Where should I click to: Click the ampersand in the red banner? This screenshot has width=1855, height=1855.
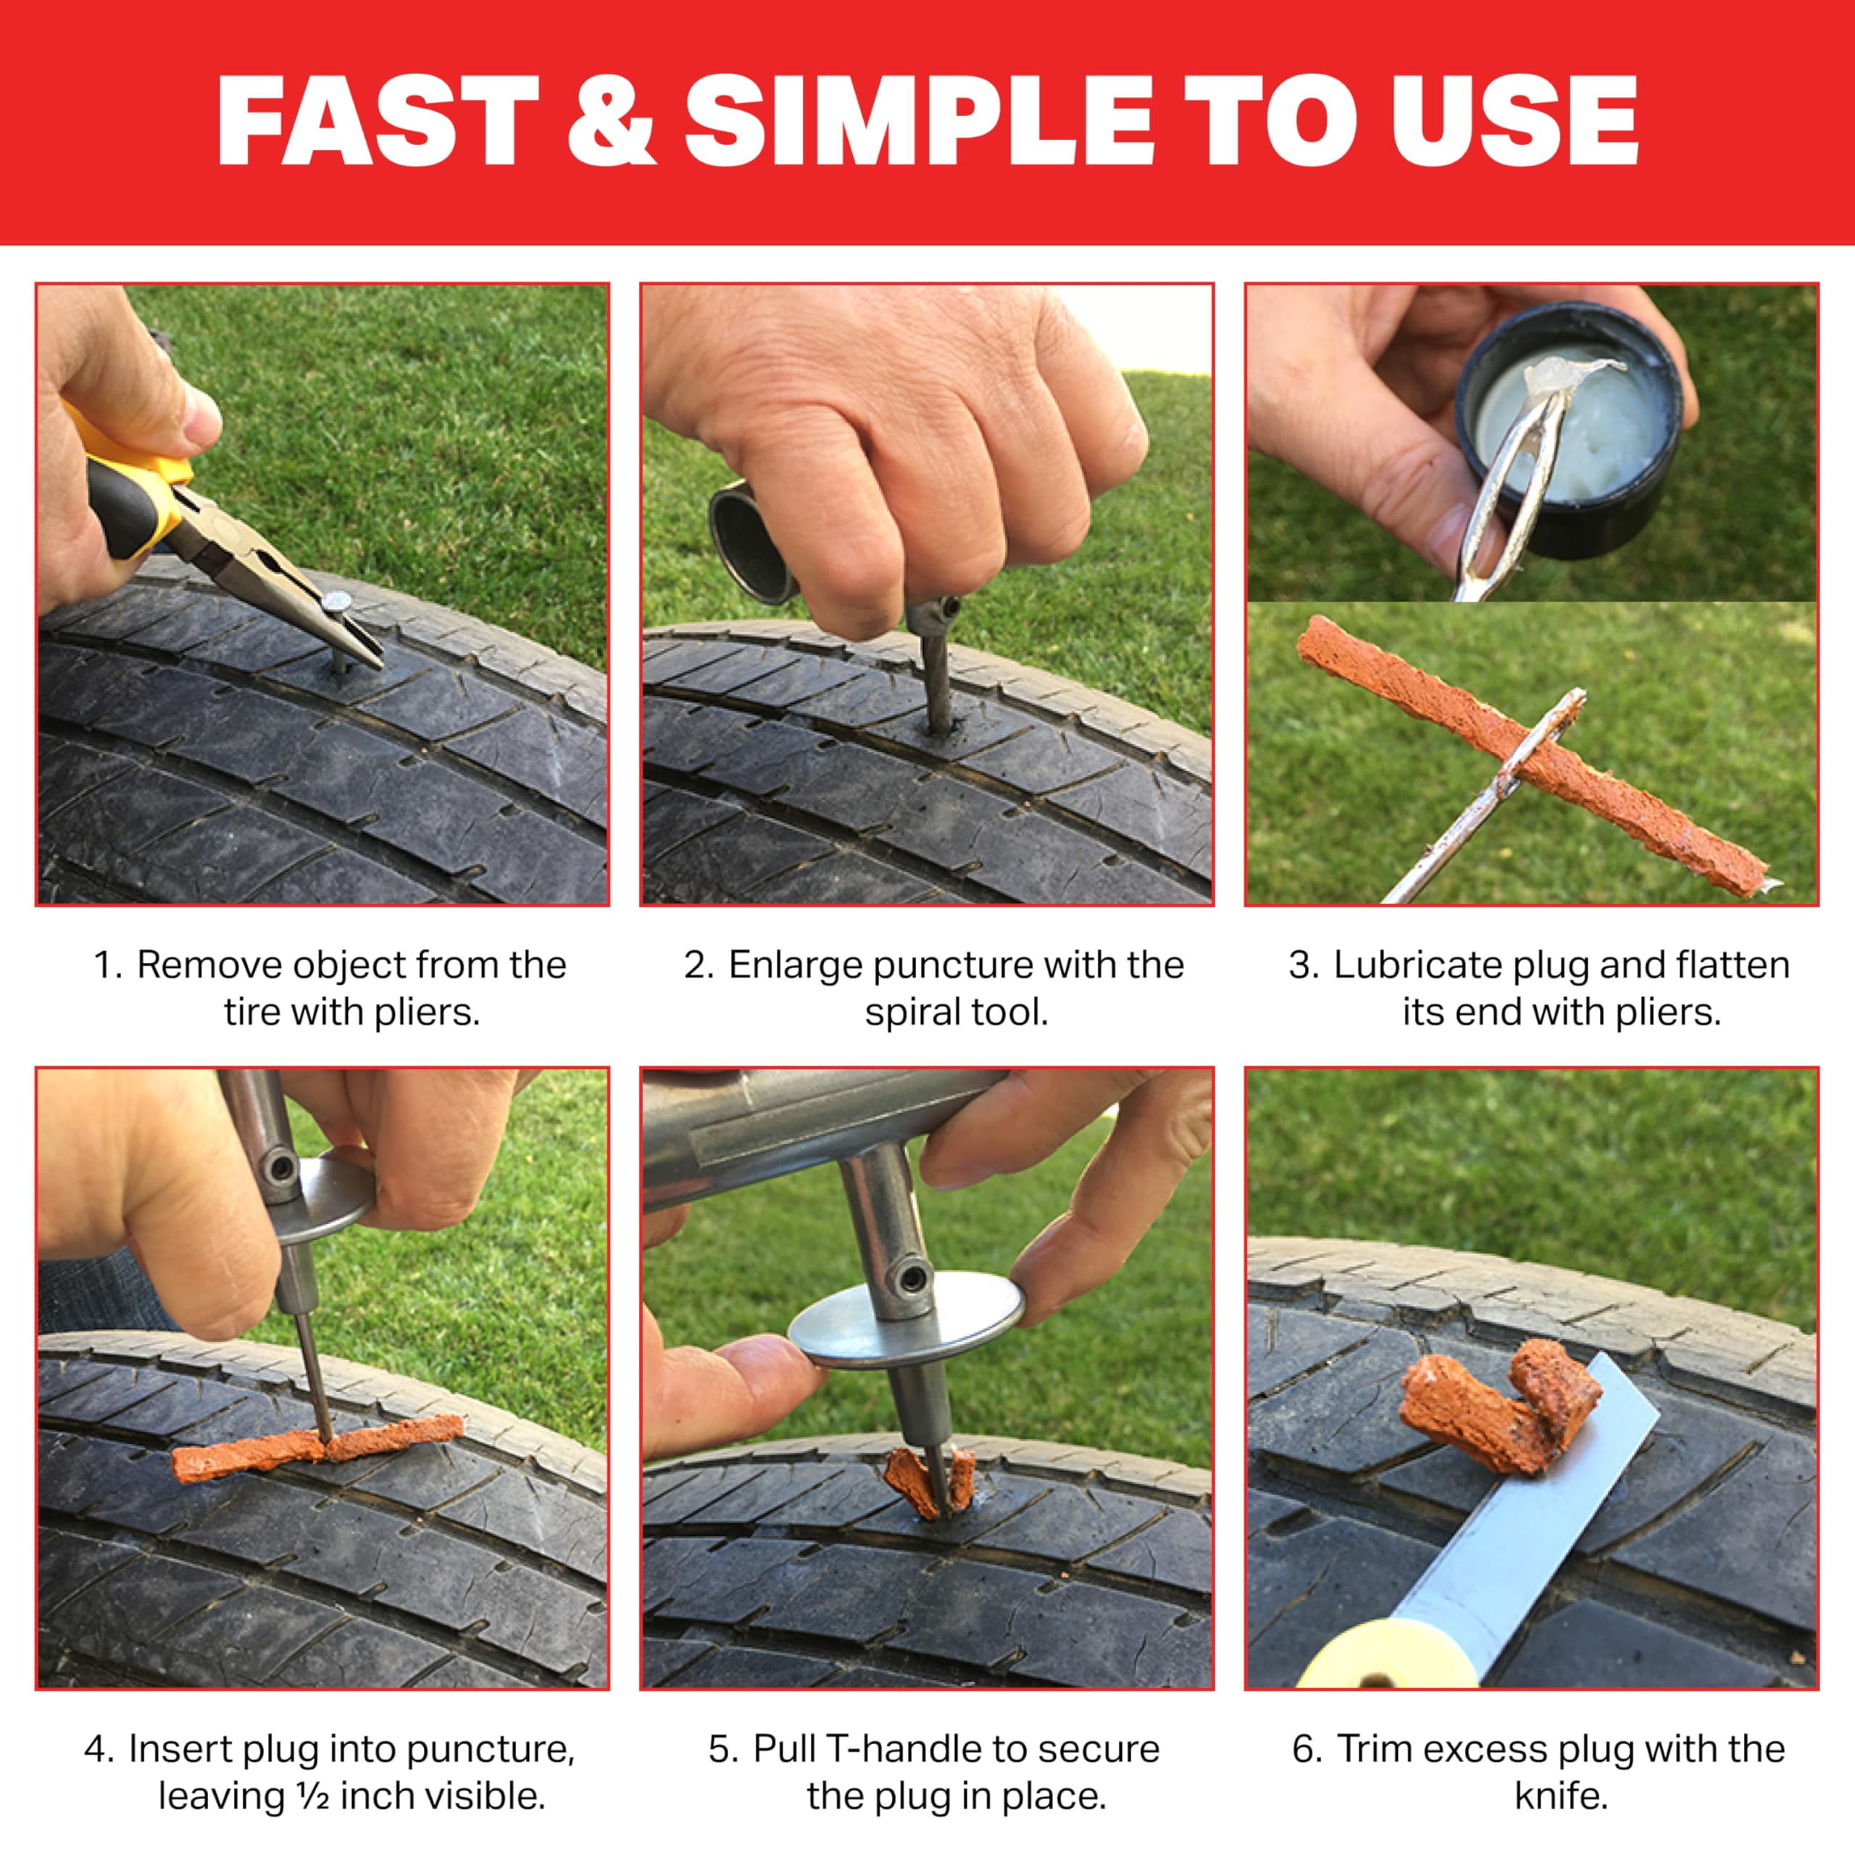coord(612,120)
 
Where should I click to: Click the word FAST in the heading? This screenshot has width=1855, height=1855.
coord(378,120)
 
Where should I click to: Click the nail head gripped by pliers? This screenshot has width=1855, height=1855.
coord(337,603)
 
